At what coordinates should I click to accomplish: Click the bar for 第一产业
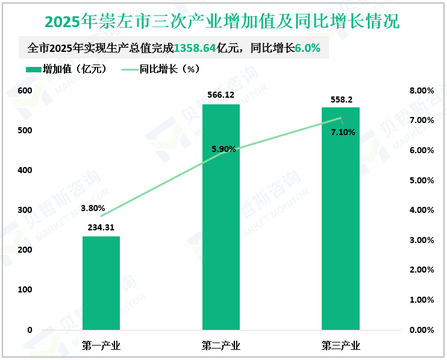[101, 283]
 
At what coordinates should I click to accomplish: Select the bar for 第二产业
[220, 217]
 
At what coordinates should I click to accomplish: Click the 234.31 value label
[101, 227]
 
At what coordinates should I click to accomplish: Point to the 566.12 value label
[220, 95]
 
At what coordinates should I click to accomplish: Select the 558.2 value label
[340, 98]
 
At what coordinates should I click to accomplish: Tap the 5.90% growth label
[223, 148]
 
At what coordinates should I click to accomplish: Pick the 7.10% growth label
[343, 132]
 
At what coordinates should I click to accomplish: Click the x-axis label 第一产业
[101, 346]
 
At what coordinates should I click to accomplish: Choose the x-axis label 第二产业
[220, 346]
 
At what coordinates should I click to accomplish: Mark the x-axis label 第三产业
[340, 346]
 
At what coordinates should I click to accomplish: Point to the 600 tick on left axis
[25, 90]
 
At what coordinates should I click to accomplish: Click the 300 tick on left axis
[25, 210]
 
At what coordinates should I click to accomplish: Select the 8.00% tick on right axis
[421, 90]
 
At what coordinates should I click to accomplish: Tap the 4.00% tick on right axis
[421, 210]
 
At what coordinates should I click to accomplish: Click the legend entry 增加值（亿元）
[66, 69]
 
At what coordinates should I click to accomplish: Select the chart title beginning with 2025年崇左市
[223, 22]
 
